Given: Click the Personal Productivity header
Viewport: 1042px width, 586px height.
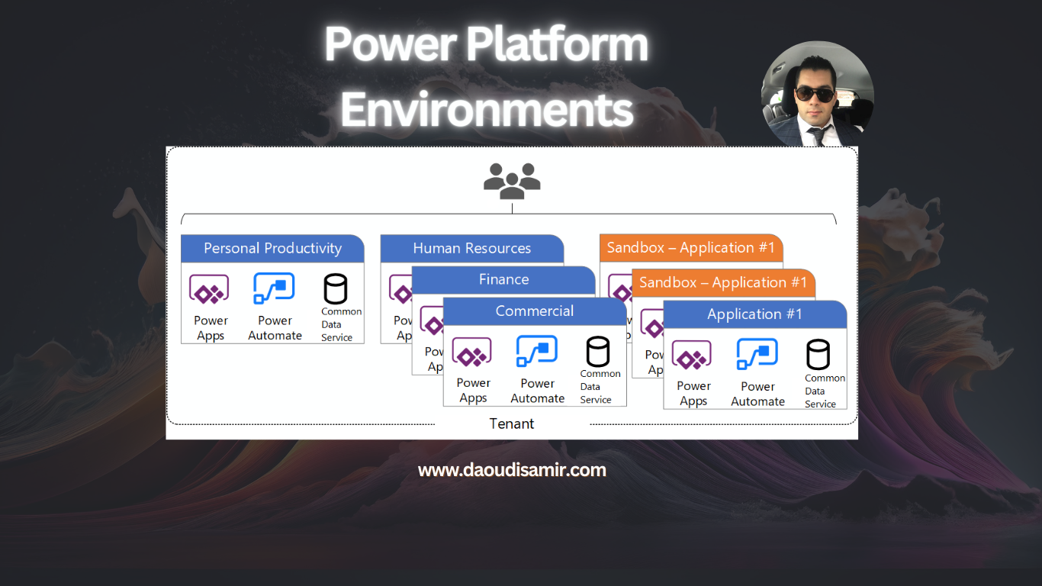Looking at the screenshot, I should click(x=272, y=249).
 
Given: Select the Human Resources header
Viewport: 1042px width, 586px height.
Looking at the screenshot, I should click(x=471, y=249).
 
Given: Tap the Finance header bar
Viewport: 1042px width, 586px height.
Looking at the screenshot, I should click(x=503, y=280).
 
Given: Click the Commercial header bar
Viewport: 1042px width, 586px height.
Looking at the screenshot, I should click(x=534, y=311).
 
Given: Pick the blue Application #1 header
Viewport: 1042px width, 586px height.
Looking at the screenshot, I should click(x=754, y=314).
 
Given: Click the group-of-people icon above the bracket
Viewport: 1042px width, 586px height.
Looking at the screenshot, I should click(x=512, y=181).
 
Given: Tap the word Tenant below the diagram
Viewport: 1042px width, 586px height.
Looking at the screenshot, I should click(x=511, y=423).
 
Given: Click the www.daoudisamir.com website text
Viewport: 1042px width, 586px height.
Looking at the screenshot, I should click(x=512, y=470).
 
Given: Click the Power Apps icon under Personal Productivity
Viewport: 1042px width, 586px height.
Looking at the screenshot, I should click(x=209, y=291).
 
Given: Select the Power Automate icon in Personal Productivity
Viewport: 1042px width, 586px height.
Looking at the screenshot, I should click(x=274, y=289).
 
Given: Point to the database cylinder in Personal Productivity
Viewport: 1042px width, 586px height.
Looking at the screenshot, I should click(x=336, y=289).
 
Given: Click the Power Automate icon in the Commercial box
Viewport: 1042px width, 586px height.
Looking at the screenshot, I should click(x=536, y=352).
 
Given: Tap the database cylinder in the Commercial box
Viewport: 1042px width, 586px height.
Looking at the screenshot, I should click(x=597, y=352).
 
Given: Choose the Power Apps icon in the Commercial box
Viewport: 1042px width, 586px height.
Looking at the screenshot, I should click(x=471, y=353).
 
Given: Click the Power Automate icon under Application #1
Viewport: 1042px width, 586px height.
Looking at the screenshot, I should click(x=757, y=355).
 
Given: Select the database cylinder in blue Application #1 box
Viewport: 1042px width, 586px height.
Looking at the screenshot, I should click(x=818, y=356).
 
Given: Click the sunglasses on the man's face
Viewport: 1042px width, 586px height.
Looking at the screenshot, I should click(x=815, y=93).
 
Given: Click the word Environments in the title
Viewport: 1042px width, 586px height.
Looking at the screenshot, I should click(x=487, y=110).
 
